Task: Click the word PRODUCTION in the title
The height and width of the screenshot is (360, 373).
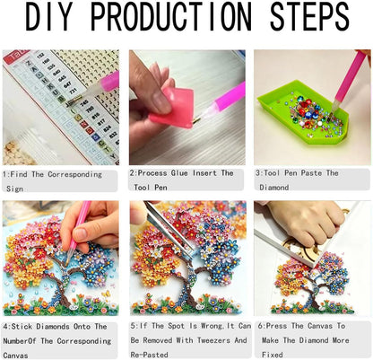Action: click(170, 16)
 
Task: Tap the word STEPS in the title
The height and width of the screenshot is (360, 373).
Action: click(309, 16)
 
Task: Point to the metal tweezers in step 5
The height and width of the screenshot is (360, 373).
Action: click(168, 227)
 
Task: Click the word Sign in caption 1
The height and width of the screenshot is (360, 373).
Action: click(14, 189)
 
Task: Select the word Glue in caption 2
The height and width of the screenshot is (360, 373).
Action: click(179, 173)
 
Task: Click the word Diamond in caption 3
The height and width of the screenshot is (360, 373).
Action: click(274, 188)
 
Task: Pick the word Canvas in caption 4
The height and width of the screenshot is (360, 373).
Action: click(15, 356)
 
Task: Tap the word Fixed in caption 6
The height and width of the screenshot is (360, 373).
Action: click(273, 355)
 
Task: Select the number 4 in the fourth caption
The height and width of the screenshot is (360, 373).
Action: click(5, 327)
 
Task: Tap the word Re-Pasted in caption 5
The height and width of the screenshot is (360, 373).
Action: click(149, 355)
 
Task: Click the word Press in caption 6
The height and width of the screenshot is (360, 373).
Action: click(275, 326)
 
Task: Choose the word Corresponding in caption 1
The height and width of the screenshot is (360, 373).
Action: click(75, 174)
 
